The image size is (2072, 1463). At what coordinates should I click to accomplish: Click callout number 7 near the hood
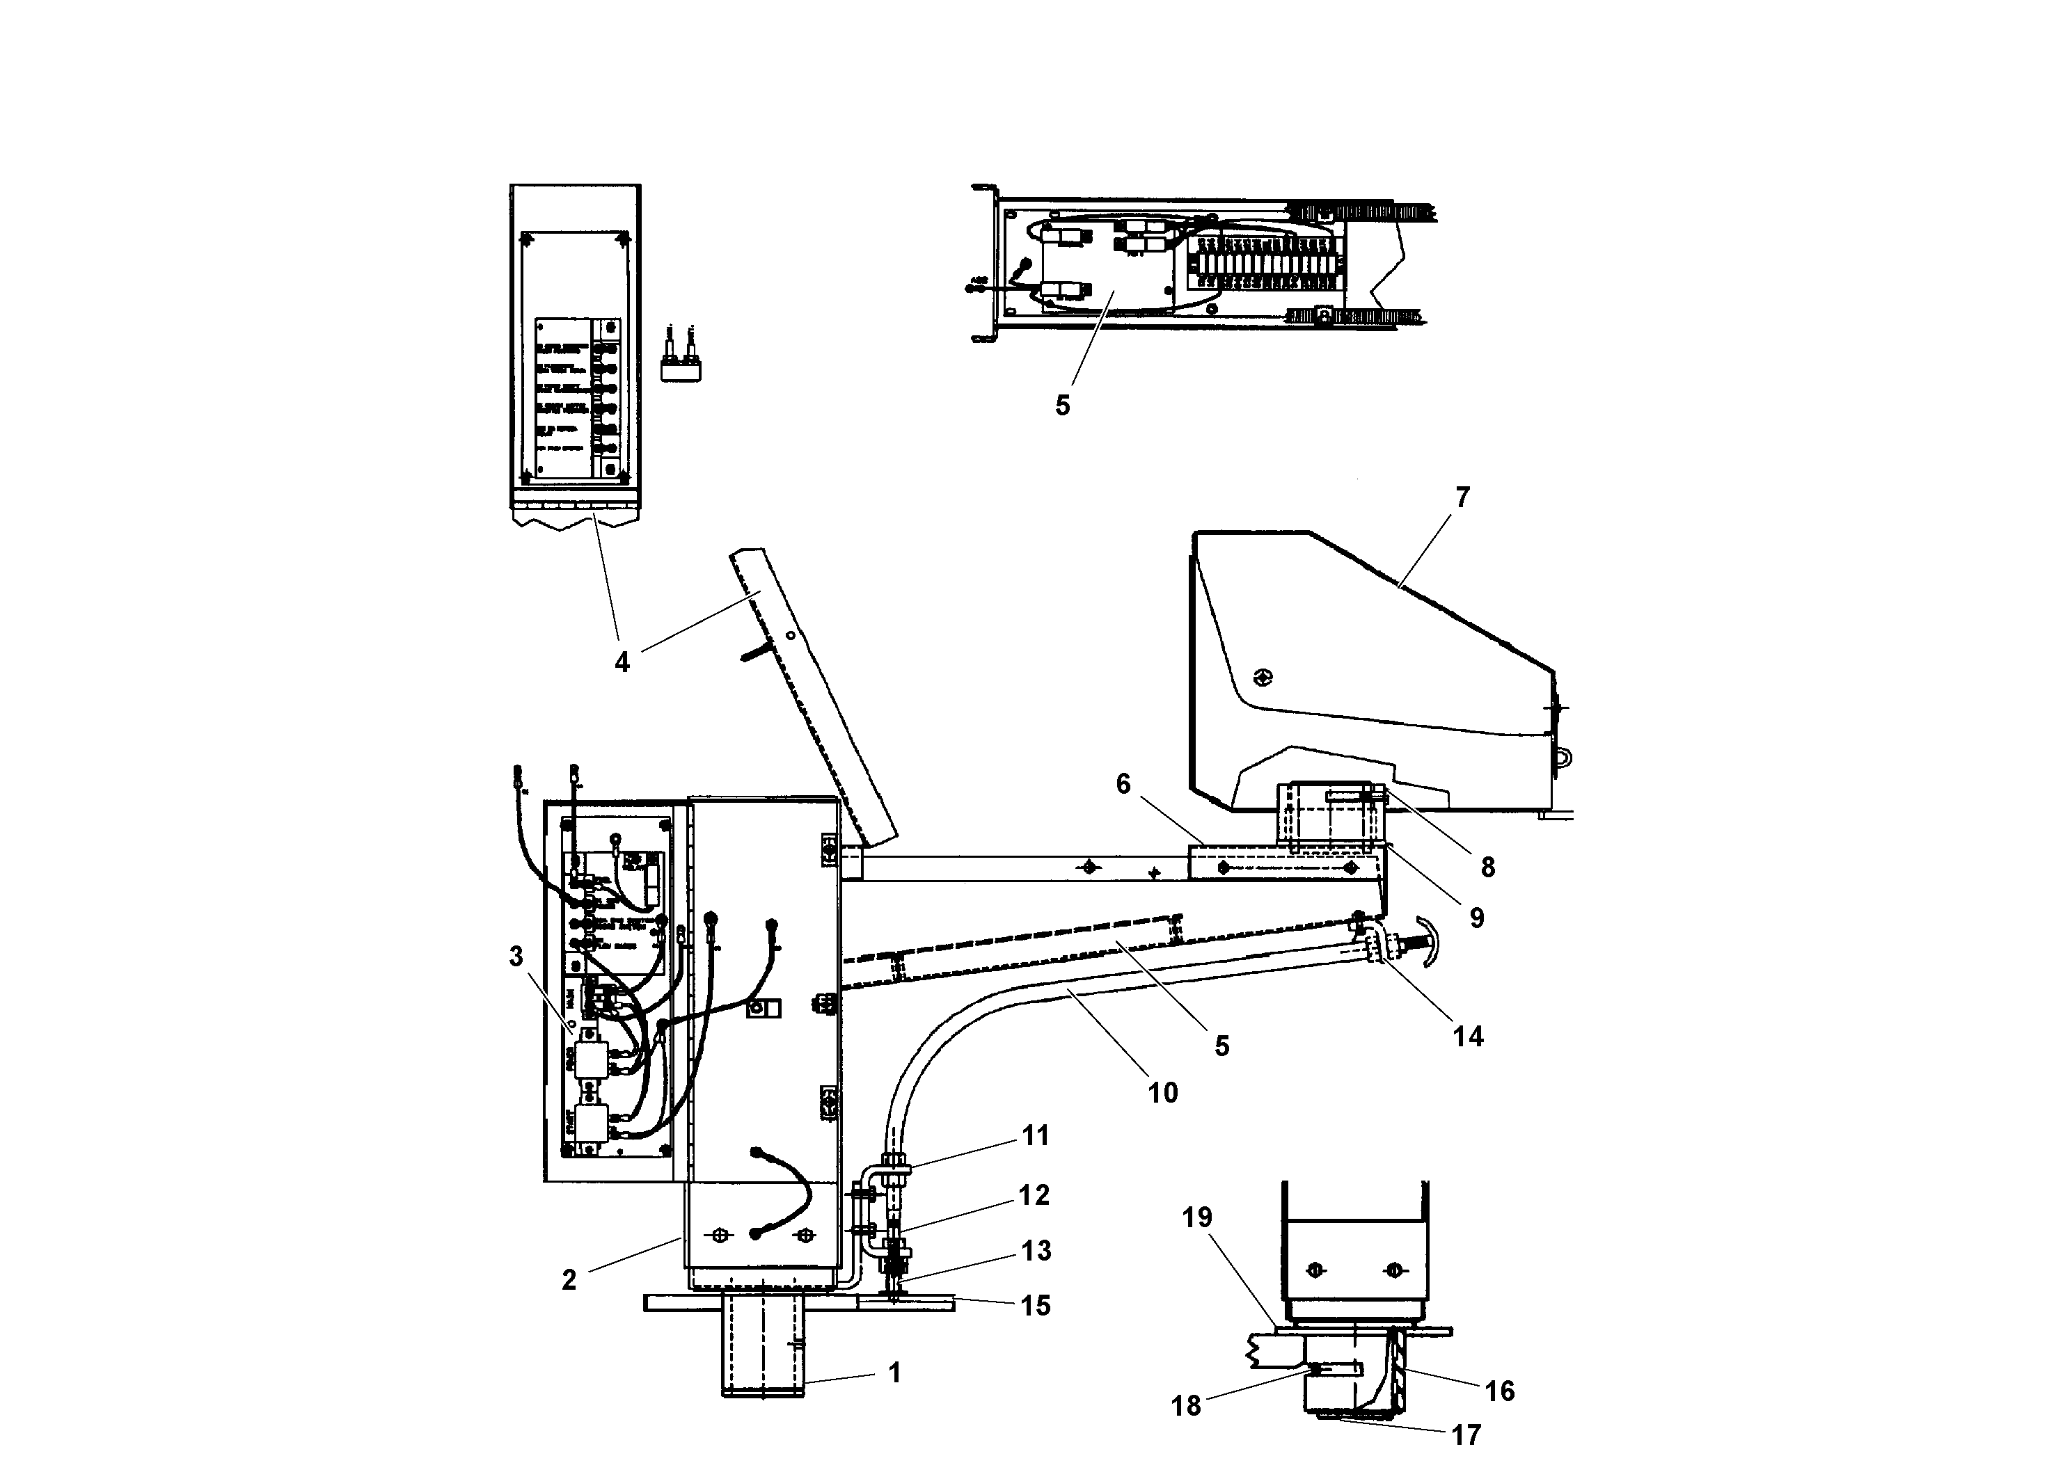pos(1463,497)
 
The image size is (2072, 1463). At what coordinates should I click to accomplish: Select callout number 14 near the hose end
pos(1467,1037)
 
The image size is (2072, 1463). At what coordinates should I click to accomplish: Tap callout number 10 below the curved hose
pos(1162,1093)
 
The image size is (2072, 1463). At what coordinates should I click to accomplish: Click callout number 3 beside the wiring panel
pos(516,956)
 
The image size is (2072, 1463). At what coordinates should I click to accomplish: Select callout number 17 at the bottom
pos(1466,1434)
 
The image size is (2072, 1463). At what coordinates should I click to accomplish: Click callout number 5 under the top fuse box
pos(1062,406)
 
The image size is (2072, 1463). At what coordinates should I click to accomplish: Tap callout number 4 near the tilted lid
pos(622,663)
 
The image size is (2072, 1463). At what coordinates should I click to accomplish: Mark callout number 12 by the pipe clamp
pos(1034,1195)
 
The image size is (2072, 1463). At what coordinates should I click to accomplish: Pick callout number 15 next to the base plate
pos(1035,1305)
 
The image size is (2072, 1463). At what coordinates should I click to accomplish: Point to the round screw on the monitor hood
pos(1263,676)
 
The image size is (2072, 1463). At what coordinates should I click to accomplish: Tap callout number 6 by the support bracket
pos(1123,784)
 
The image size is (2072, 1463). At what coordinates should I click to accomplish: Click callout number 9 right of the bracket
pos(1476,918)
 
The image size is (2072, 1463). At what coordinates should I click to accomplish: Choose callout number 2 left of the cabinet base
pos(569,1280)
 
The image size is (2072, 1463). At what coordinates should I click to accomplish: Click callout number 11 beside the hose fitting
pos(1035,1135)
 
